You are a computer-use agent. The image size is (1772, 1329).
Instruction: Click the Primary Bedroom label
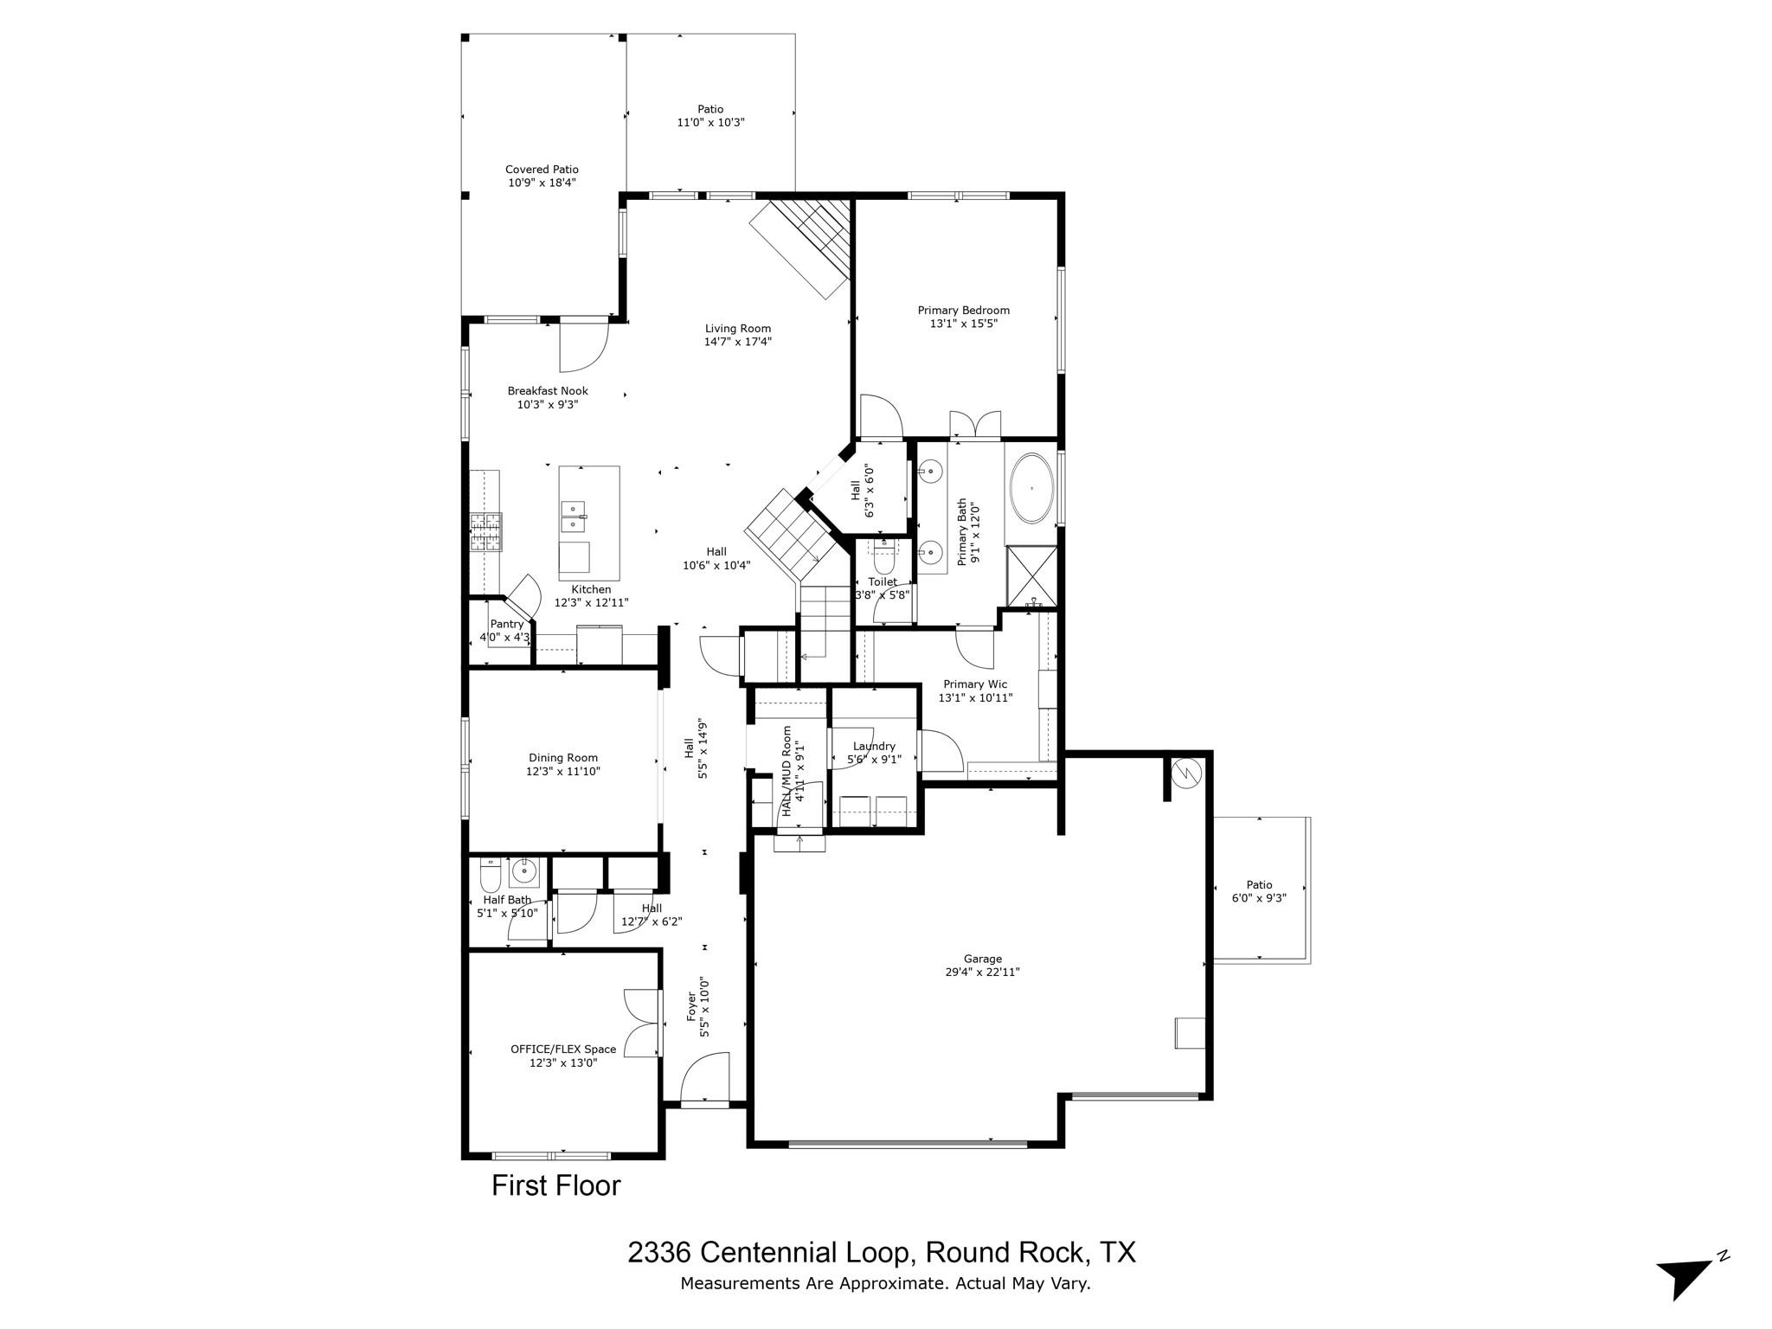963,311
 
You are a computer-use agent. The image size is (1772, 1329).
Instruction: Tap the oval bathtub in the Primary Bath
1031,488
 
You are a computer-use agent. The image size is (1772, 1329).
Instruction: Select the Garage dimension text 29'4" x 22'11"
982,972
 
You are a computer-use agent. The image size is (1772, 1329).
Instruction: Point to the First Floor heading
555,1185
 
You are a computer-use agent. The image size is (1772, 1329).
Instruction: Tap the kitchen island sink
574,517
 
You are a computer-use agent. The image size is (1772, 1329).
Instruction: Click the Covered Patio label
542,170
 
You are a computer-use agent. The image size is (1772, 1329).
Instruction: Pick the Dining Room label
563,758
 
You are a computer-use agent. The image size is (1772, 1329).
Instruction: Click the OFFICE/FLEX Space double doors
641,1022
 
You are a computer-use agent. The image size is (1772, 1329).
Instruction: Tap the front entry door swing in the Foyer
705,1076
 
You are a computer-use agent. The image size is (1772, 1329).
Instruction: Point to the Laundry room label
874,747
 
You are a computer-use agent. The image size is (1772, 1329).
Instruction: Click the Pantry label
507,624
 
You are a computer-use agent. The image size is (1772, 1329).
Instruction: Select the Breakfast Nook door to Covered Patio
584,345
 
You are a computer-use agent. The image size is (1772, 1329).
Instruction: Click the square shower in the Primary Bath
1031,575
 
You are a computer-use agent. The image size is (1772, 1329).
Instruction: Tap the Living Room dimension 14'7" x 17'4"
737,342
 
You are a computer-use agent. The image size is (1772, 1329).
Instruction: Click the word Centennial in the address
804,1252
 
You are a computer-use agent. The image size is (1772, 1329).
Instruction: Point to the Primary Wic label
975,684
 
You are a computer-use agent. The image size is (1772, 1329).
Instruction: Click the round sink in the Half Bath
523,871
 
